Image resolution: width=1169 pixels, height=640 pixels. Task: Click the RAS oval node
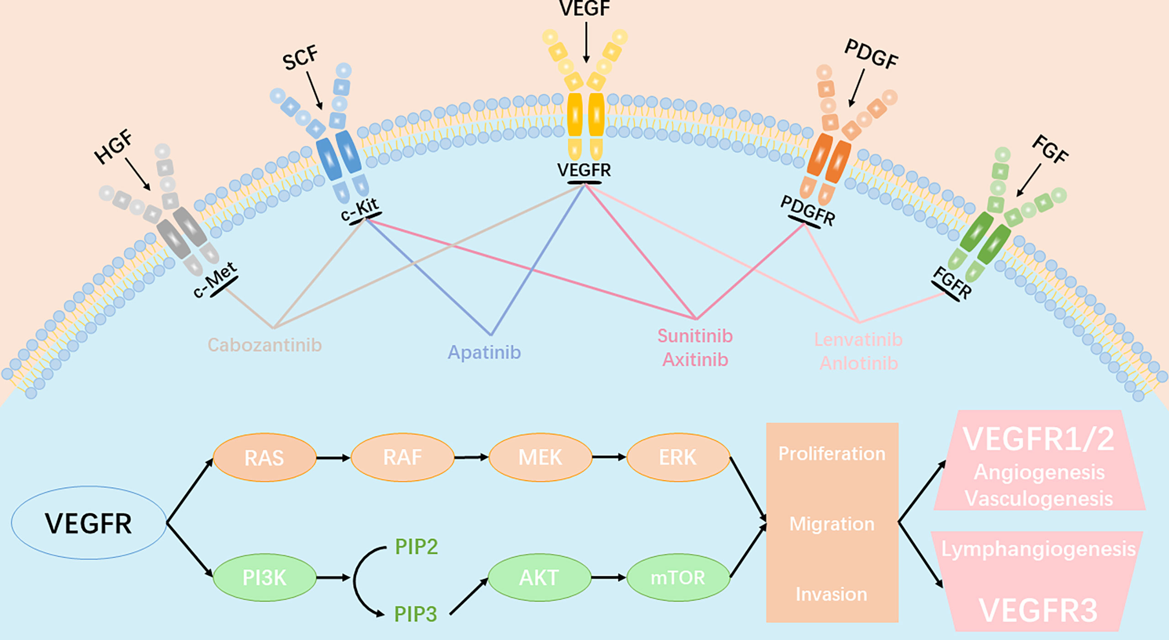pyautogui.click(x=264, y=457)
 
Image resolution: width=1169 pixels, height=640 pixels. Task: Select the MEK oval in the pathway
pyautogui.click(x=540, y=457)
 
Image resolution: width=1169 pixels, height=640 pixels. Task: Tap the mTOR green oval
pyautogui.click(x=678, y=578)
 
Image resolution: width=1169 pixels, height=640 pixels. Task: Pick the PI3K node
pyautogui.click(x=264, y=578)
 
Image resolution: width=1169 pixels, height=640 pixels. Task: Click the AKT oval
pyautogui.click(x=539, y=578)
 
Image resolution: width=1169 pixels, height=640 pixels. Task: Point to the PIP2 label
pyautogui.click(x=416, y=546)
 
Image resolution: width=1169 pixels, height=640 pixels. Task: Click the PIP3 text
pyautogui.click(x=415, y=614)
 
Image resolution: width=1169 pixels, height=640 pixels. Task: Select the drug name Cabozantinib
pyautogui.click(x=264, y=345)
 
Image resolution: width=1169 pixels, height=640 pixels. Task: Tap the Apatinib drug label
pyautogui.click(x=484, y=352)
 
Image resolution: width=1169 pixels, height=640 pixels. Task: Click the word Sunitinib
pyautogui.click(x=695, y=336)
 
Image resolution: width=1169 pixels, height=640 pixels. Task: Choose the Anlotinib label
pyautogui.click(x=858, y=364)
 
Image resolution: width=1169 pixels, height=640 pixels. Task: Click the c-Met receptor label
pyautogui.click(x=215, y=280)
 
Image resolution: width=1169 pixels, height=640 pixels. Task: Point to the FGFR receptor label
pyautogui.click(x=952, y=283)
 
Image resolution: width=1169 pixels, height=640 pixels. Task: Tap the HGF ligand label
pyautogui.click(x=113, y=147)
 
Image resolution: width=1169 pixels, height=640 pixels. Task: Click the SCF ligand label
pyautogui.click(x=300, y=58)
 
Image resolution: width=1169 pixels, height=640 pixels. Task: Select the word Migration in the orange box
pyautogui.click(x=832, y=524)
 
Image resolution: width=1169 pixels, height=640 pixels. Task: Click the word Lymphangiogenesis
pyautogui.click(x=1038, y=549)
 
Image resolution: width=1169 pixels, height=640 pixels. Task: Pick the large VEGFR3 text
pyautogui.click(x=1038, y=610)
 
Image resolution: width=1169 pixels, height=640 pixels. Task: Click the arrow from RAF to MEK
pyautogui.click(x=471, y=457)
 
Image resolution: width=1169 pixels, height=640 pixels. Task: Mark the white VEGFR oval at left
pyautogui.click(x=89, y=523)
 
